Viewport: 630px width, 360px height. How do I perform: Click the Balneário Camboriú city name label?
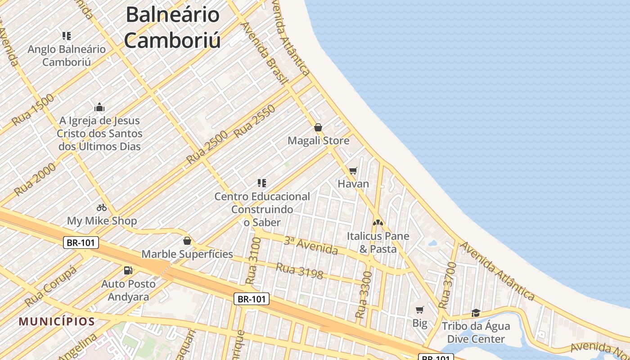(173, 27)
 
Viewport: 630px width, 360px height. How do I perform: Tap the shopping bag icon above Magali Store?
(318, 127)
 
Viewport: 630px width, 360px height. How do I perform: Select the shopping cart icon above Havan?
(353, 171)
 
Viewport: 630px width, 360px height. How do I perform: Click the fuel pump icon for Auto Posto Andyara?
(128, 270)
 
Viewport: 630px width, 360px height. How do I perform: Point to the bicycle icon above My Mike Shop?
(102, 207)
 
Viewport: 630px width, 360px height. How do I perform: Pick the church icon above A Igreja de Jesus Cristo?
(99, 107)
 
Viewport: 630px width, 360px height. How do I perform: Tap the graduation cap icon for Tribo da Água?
(476, 313)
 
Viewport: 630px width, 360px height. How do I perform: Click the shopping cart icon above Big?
(420, 310)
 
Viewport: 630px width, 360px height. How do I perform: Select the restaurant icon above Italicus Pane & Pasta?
(378, 222)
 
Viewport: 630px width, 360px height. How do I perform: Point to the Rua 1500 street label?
(32, 110)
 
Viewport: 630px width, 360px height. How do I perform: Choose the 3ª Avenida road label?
(310, 245)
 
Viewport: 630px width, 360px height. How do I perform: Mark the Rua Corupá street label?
(51, 286)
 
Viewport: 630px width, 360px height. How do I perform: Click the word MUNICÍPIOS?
(57, 321)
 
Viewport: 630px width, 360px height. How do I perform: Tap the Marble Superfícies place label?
(187, 254)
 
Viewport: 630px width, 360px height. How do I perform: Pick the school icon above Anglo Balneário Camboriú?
(67, 36)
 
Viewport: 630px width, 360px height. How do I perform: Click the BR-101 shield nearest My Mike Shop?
(81, 243)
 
